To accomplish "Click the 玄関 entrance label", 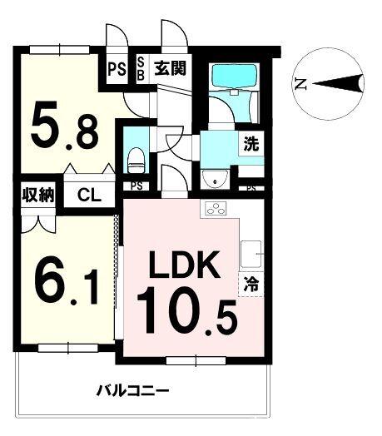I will [x=168, y=67].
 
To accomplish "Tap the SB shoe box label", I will [x=140, y=67].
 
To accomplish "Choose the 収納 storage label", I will [x=37, y=196].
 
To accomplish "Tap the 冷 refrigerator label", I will [x=250, y=283].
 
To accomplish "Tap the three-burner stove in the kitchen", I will [x=216, y=209].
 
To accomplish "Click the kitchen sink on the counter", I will [x=251, y=250].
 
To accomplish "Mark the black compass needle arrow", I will [x=338, y=82].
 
